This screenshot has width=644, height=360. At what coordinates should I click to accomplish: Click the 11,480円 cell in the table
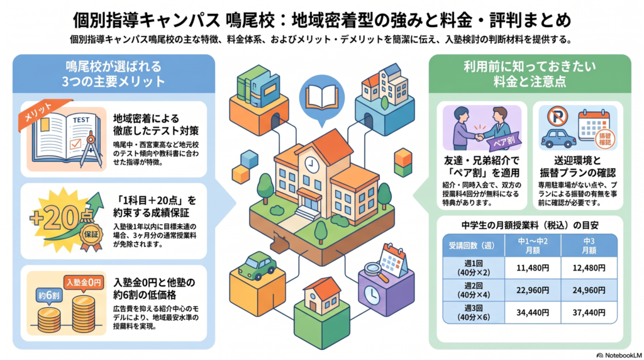click(x=533, y=268)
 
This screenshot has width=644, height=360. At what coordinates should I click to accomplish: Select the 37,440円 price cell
click(x=589, y=313)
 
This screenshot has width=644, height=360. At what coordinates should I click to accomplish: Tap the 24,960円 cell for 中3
click(x=589, y=291)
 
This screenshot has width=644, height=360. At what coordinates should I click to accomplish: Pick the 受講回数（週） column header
click(x=474, y=245)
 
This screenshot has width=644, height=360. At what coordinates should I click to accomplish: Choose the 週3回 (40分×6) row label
click(x=474, y=313)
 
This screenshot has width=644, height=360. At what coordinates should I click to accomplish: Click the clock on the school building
click(x=311, y=165)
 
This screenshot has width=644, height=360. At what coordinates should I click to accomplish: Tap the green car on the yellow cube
click(x=257, y=266)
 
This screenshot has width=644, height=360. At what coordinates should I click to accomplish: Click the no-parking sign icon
click(x=557, y=116)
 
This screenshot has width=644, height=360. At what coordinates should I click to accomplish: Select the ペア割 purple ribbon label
click(x=504, y=141)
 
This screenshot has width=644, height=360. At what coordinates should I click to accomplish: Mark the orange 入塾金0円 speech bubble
click(x=84, y=283)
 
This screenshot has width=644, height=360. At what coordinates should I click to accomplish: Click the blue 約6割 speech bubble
click(x=49, y=296)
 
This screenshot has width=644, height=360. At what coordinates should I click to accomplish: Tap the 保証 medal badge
click(x=91, y=235)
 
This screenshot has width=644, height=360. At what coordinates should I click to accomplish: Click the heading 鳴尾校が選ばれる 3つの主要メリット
click(x=113, y=74)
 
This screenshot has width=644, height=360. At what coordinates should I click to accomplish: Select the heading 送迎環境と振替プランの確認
click(x=577, y=166)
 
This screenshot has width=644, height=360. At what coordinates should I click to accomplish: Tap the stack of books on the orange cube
click(x=258, y=86)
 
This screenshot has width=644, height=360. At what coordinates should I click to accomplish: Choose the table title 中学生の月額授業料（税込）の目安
click(x=530, y=225)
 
